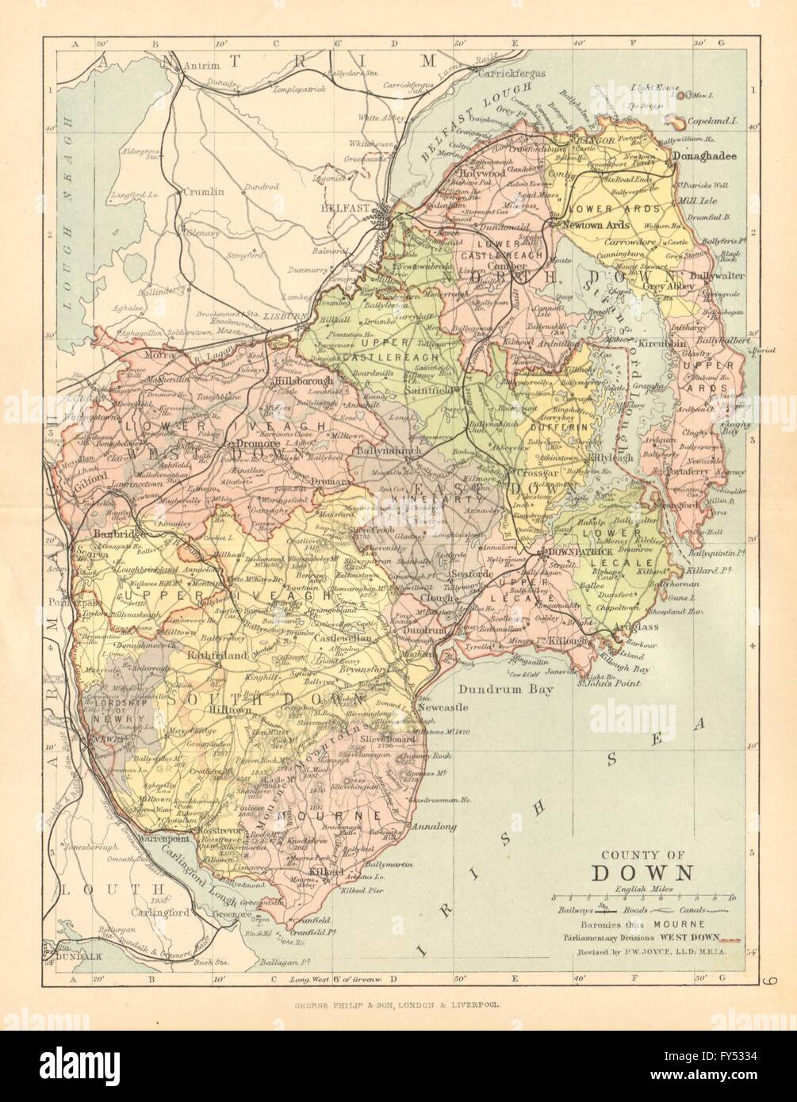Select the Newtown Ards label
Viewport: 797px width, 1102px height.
click(595, 225)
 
